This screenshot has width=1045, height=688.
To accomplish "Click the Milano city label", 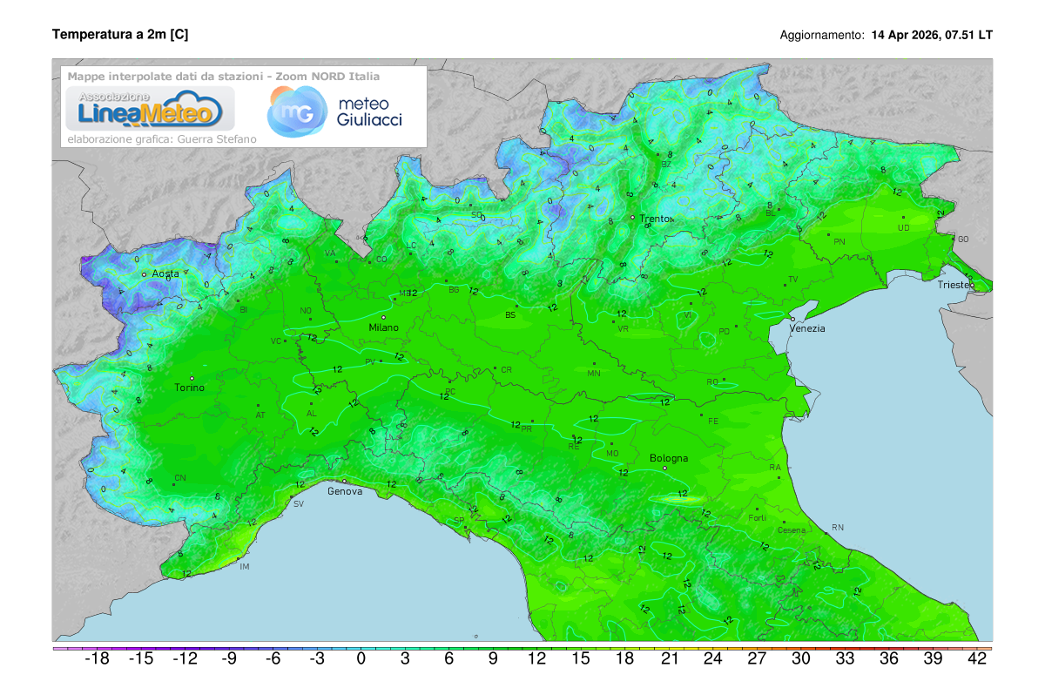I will point(383,327).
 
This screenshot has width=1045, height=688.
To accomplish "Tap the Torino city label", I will point(189,388).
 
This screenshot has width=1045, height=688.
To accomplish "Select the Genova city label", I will point(344,491).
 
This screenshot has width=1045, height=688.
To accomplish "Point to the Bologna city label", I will point(669,458).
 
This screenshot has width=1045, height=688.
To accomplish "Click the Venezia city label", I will point(807,328).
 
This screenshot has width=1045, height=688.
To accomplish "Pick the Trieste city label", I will point(956,285).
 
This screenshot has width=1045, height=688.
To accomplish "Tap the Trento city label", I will point(657,219).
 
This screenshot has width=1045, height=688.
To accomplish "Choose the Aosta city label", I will point(165,273).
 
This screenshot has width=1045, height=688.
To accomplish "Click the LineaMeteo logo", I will point(145,109).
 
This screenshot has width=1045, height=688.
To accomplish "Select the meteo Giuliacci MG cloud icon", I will point(293,111).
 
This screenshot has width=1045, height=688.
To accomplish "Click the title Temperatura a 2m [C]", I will point(120,35).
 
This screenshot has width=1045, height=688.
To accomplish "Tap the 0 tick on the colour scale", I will point(361,659).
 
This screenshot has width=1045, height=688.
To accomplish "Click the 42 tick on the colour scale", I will point(977,659).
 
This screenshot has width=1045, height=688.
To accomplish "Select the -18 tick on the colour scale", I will point(96,659).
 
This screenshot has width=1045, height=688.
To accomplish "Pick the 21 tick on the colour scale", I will point(669,659).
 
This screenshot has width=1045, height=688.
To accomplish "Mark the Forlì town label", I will point(757,518).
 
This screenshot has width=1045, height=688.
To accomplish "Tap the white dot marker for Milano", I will point(383,317).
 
